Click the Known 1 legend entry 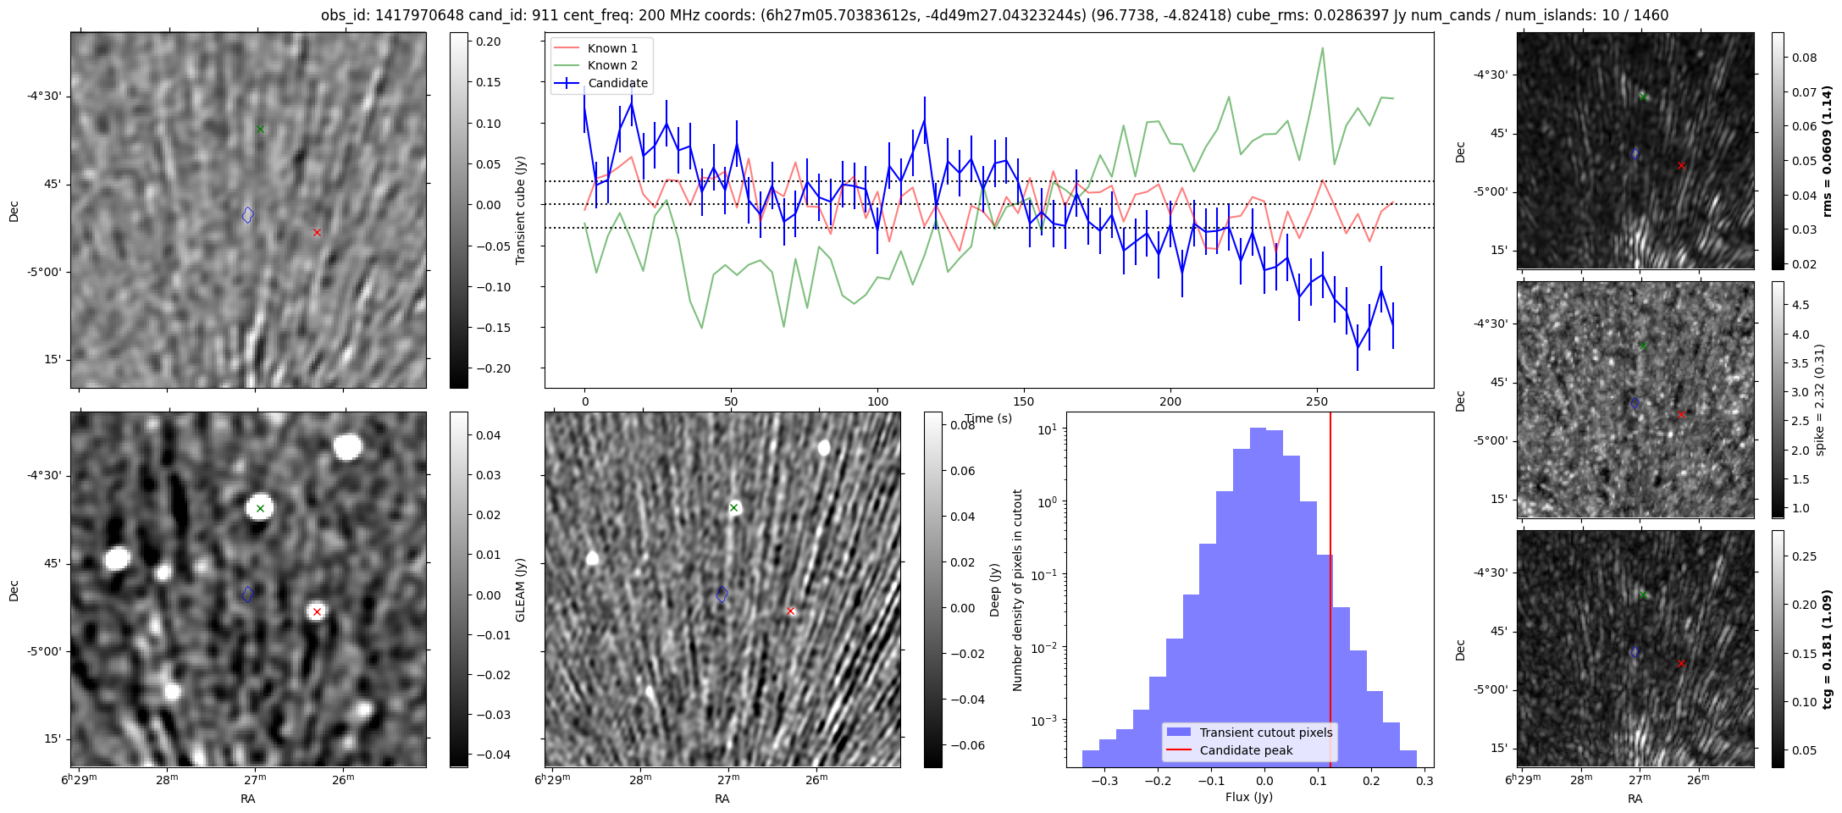[x=612, y=48]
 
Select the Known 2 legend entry [x=612, y=65]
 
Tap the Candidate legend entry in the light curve [x=617, y=83]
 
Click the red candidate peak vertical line [x=1330, y=576]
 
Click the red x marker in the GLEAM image [x=317, y=611]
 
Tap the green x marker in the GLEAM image [x=261, y=508]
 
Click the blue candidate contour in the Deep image [x=722, y=595]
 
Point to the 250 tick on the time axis [x=1316, y=401]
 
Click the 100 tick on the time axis [x=878, y=401]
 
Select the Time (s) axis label [x=987, y=418]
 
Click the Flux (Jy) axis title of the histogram [x=1249, y=797]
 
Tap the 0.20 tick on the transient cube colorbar [x=488, y=41]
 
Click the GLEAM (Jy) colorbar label [x=520, y=589]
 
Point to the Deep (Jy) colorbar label [x=994, y=589]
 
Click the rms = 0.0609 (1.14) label [x=1828, y=151]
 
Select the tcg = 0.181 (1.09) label [x=1828, y=649]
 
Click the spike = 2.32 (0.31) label [x=1821, y=400]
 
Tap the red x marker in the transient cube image [x=317, y=232]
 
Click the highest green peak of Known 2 [x=1322, y=48]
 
